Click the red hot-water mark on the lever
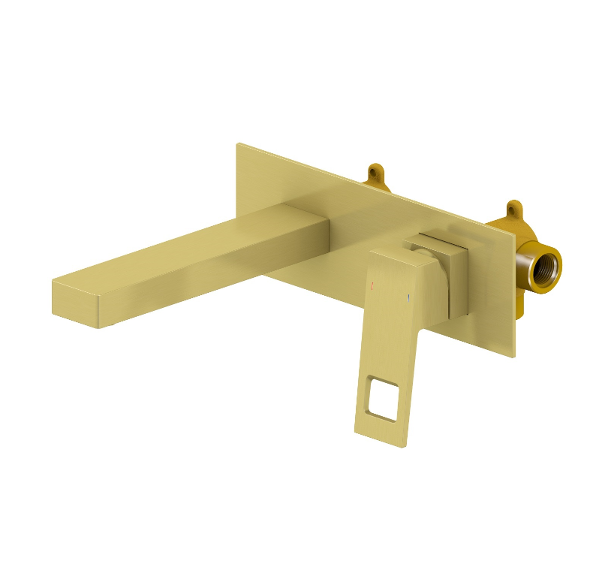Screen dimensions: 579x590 coord(372,285)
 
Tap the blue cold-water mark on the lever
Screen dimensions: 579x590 coord(408,299)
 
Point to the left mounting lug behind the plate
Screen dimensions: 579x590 coord(375,174)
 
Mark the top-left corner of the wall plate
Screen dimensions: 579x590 coord(237,144)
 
